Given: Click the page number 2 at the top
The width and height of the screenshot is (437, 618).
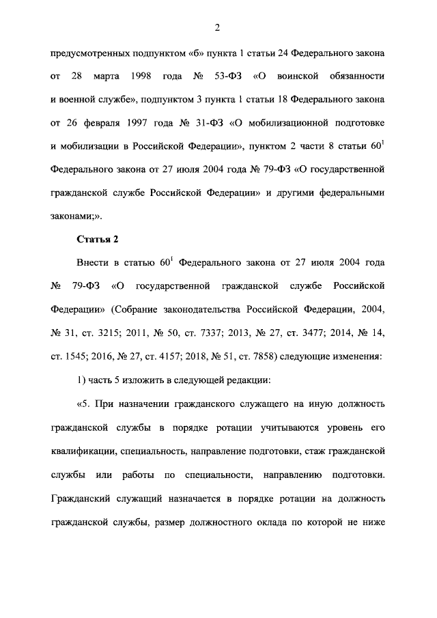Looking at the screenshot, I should pyautogui.click(x=218, y=27).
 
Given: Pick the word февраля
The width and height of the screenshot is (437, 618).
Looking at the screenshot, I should pyautogui.click(x=119, y=122).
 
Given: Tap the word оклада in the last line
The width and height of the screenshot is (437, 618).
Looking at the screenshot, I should pyautogui.click(x=296, y=523).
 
